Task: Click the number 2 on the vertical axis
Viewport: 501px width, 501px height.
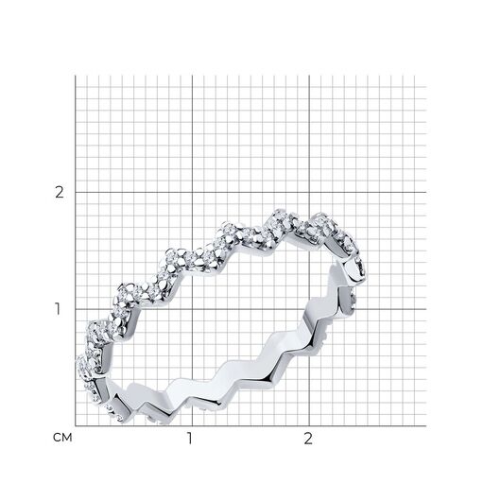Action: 60,192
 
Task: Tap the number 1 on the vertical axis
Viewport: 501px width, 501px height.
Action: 58,309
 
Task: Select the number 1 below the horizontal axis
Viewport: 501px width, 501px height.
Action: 190,439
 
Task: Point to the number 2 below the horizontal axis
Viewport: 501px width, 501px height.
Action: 308,439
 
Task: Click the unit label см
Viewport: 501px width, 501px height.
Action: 62,438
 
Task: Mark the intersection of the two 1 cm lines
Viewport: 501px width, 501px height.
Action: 192,309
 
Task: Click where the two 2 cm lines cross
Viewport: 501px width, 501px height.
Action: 309,192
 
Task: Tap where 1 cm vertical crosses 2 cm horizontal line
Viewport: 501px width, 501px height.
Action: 192,192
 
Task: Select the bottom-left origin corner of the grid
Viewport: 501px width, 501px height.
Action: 76,426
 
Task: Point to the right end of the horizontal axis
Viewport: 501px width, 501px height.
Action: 426,426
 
